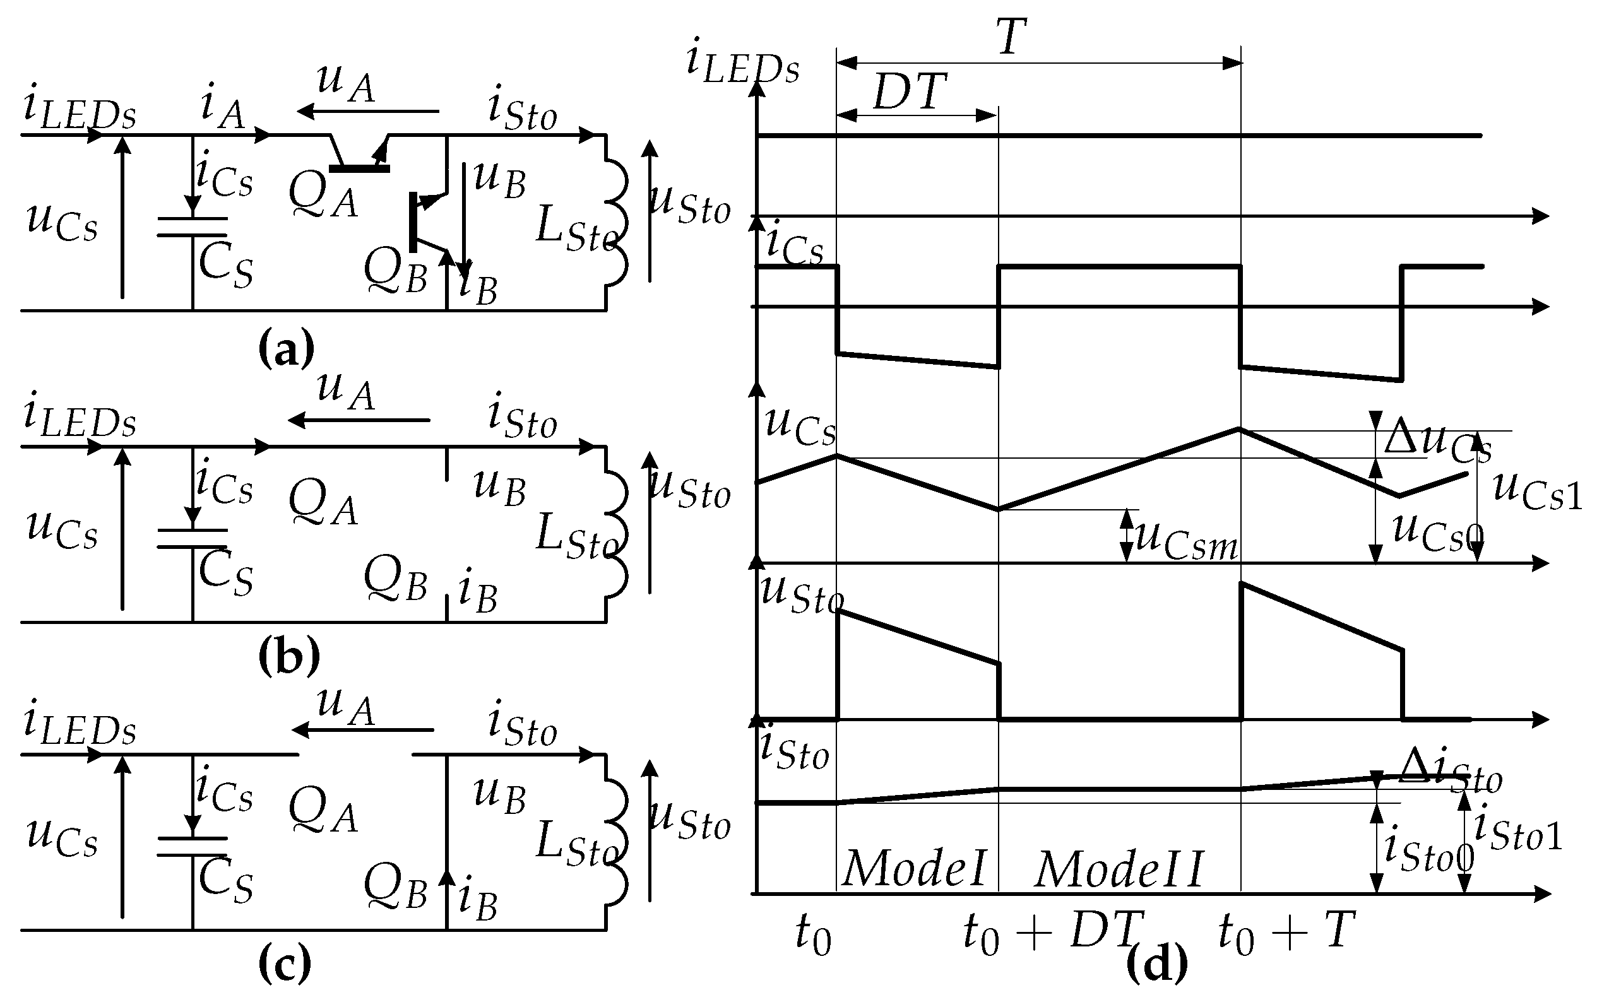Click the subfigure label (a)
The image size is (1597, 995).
pos(287,350)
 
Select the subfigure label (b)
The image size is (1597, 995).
pos(288,656)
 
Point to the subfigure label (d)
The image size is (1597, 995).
pos(1156,963)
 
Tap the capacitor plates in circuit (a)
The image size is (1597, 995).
pos(193,227)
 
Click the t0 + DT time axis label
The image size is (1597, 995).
pos(1051,933)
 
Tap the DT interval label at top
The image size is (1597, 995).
pos(910,93)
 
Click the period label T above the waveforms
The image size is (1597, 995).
pos(1011,37)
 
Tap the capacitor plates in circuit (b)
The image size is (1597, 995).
pos(193,538)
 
